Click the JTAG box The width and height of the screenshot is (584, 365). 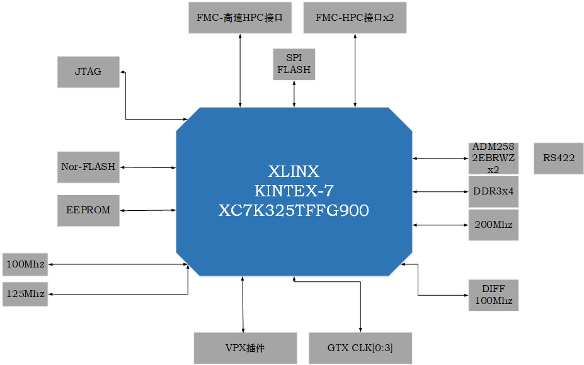point(88,72)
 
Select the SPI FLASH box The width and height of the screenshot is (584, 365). point(294,64)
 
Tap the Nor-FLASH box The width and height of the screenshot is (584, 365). point(88,167)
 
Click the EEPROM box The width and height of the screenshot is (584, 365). point(88,211)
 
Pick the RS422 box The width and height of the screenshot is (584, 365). point(559,158)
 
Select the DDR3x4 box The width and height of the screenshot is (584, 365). point(493,191)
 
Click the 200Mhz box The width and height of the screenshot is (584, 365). point(493,225)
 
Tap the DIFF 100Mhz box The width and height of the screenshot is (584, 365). point(493,295)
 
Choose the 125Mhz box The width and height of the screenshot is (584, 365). point(25,295)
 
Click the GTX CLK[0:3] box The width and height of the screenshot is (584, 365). point(360,348)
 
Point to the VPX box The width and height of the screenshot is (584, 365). point(245,348)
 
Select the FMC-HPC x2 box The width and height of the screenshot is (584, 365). point(355,18)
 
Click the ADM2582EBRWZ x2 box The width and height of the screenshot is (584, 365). point(493,158)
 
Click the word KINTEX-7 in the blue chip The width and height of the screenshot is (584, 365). point(294,191)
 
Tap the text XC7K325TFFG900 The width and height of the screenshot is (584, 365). point(294,211)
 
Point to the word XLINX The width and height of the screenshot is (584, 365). point(294,172)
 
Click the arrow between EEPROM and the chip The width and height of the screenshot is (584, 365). point(148,211)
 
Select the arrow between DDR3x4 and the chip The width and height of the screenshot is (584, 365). point(440,191)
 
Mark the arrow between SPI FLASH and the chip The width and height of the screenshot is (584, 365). point(294,94)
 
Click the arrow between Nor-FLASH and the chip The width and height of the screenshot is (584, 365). point(148,167)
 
